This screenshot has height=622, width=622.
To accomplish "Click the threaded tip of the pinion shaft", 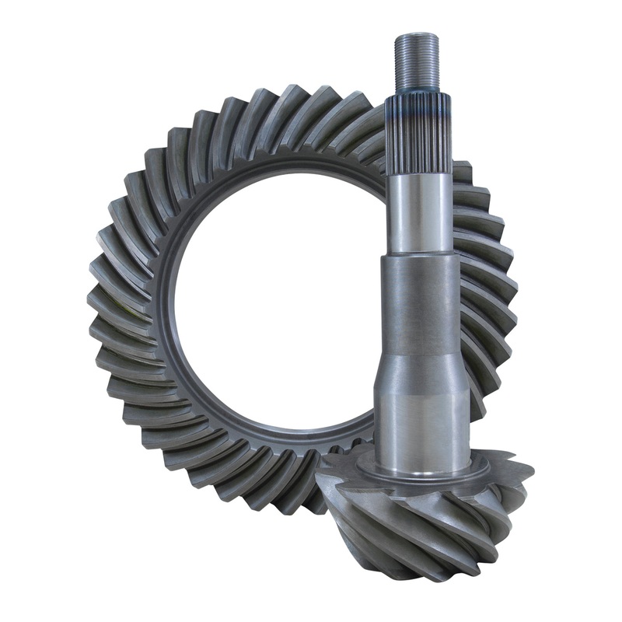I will [418, 62].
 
